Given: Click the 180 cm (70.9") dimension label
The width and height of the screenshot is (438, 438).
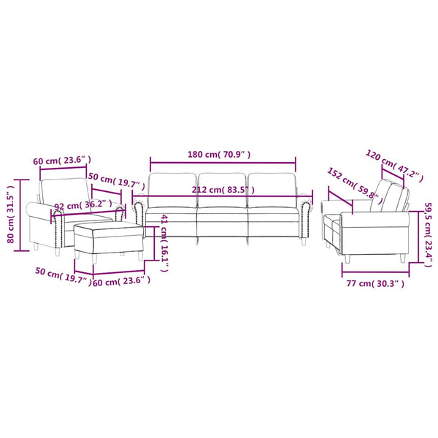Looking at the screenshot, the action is [x=219, y=155].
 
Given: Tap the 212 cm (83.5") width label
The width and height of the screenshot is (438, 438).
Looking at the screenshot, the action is [x=223, y=190].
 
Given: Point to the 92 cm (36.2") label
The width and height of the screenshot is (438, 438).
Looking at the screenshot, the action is [x=83, y=205].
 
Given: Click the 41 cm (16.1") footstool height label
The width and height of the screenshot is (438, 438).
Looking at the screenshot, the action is [x=164, y=243].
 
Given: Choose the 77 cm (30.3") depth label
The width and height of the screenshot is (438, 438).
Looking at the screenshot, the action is [x=375, y=284].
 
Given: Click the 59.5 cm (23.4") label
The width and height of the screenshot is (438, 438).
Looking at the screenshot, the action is [x=428, y=234].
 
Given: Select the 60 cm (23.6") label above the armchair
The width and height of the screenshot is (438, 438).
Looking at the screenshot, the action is [x=62, y=161].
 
